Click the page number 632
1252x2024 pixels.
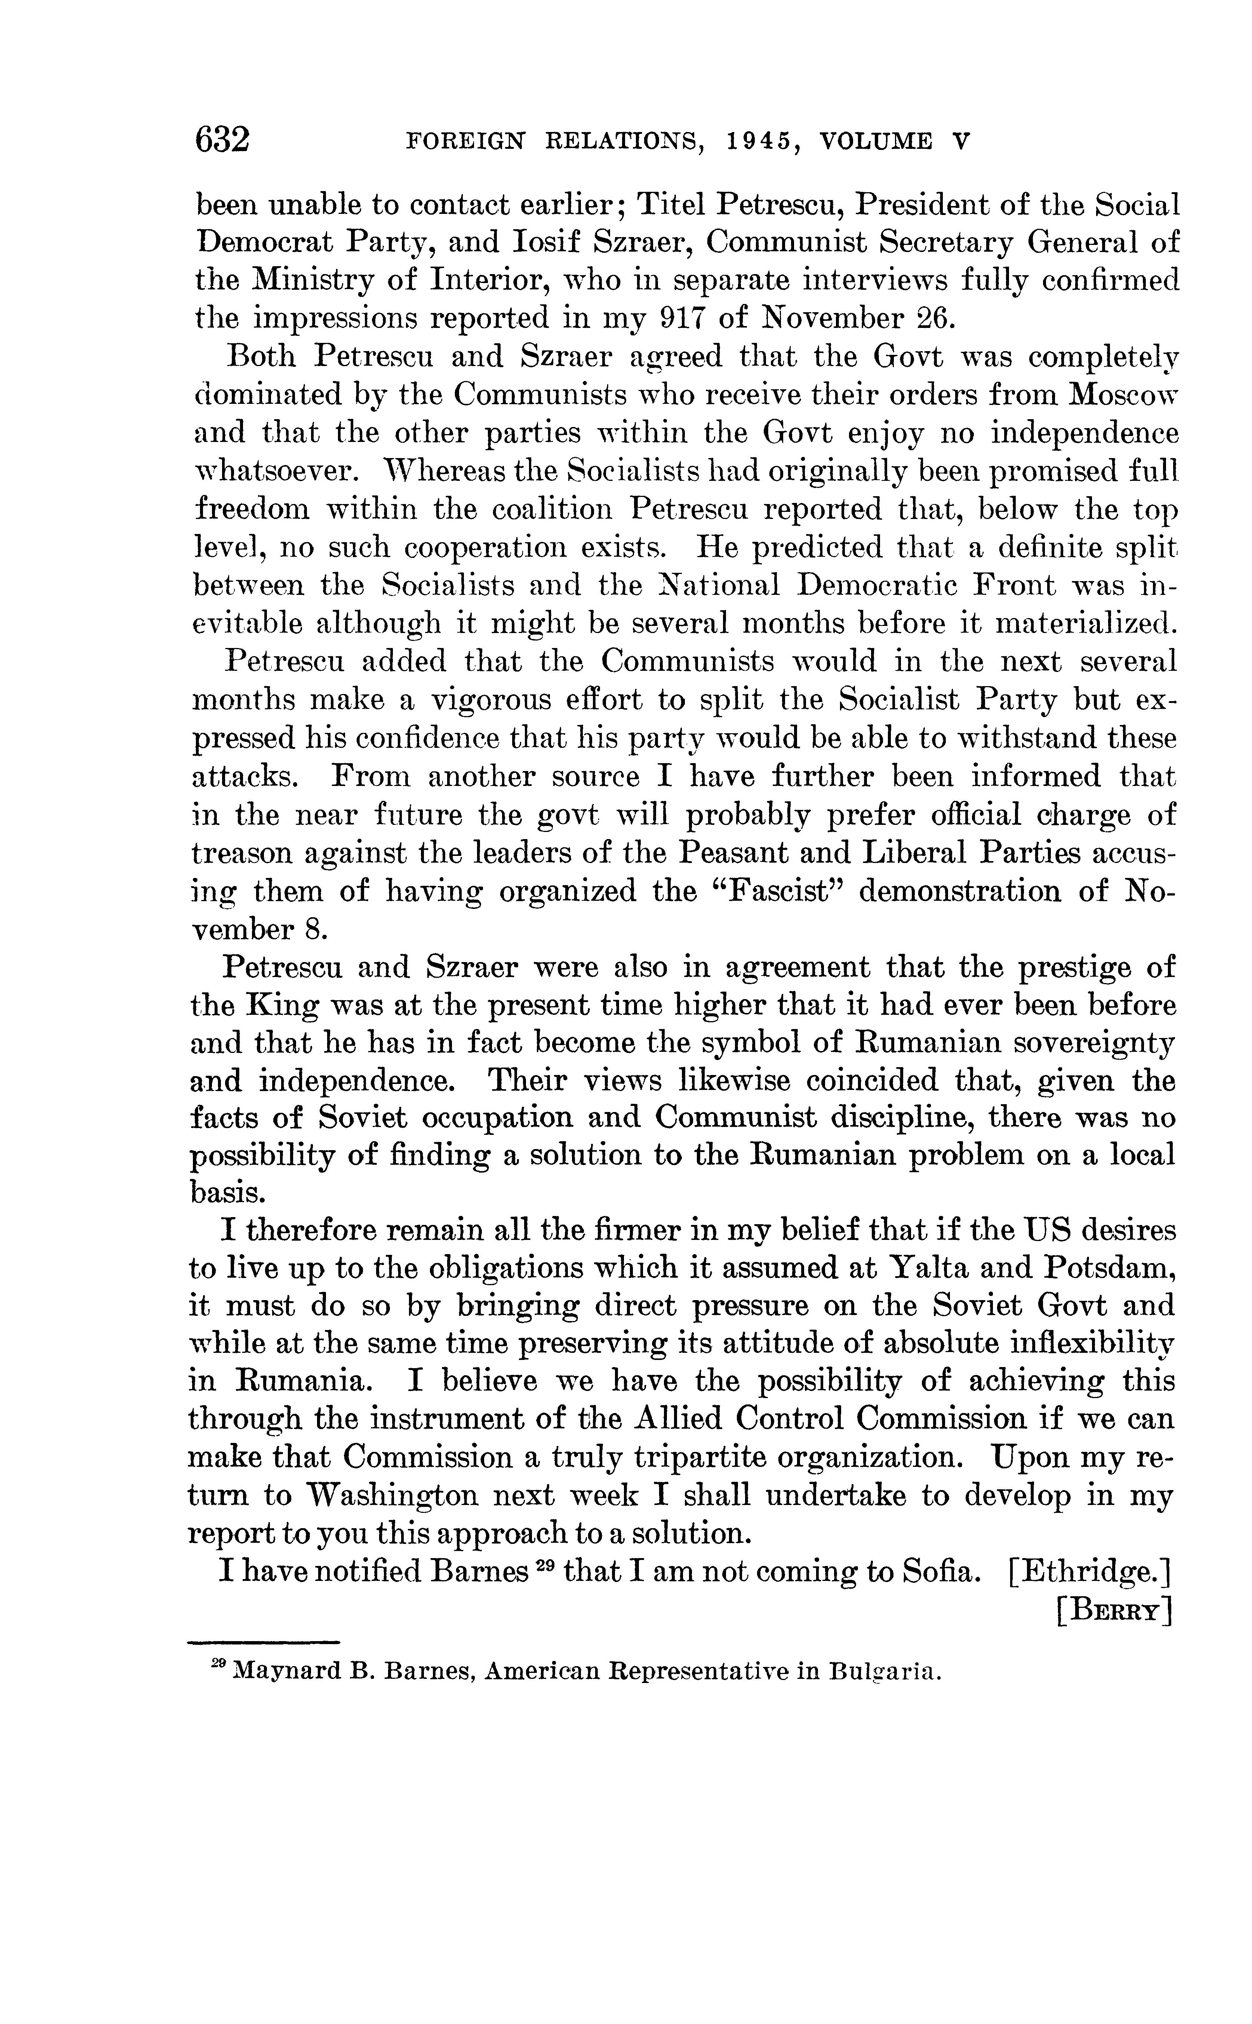coord(222,139)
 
